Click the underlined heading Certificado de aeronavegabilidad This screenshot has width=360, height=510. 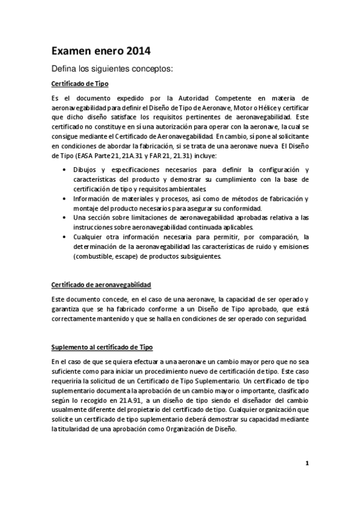[x=101, y=284]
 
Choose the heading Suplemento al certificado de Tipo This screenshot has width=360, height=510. [x=102, y=347]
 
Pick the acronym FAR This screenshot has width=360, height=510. [x=168, y=156]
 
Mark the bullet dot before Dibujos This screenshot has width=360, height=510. [x=65, y=170]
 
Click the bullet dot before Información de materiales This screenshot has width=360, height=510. [x=65, y=198]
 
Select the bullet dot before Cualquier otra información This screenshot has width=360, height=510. [x=65, y=237]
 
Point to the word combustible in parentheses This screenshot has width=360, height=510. [x=96, y=256]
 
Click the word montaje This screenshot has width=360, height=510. [x=86, y=208]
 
